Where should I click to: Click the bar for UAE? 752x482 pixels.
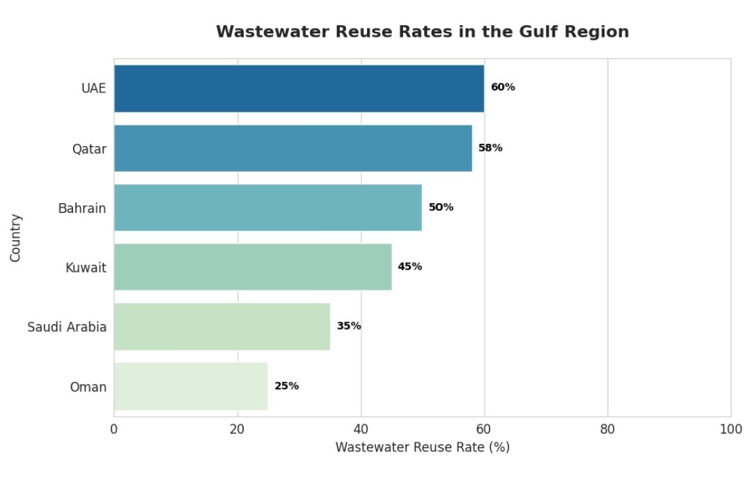click(299, 88)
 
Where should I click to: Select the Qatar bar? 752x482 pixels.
click(292, 147)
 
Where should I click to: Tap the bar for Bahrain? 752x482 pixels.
click(267, 207)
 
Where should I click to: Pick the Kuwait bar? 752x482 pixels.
click(252, 266)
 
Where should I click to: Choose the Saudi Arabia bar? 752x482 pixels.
click(221, 326)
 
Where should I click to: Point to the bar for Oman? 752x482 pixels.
click(190, 386)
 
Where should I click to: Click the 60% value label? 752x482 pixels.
click(503, 88)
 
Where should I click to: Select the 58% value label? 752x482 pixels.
click(490, 147)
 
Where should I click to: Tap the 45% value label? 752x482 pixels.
click(410, 266)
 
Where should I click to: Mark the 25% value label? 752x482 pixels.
click(286, 386)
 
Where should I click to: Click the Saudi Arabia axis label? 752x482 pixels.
click(67, 327)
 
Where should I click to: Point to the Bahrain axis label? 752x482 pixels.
click(82, 208)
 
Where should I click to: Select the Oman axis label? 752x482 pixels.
click(88, 387)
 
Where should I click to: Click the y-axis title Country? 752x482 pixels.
click(16, 238)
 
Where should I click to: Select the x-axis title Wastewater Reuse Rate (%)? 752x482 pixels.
click(423, 447)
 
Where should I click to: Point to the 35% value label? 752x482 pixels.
click(349, 326)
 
